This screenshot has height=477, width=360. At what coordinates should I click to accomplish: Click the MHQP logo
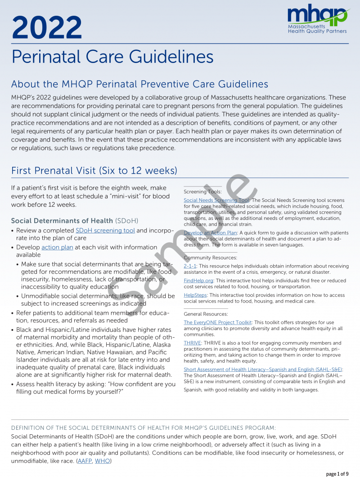318,20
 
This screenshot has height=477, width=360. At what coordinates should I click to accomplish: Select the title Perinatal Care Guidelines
112,57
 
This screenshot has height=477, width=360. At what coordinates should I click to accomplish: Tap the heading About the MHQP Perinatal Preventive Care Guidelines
139,84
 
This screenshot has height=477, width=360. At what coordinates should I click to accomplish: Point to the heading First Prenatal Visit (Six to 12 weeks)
94,171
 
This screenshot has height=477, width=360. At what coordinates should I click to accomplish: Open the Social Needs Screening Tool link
216,200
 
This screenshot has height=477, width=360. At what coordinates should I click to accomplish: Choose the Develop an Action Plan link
210,233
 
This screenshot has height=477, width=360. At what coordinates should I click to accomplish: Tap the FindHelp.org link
195,281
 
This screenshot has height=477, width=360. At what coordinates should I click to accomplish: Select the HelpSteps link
195,295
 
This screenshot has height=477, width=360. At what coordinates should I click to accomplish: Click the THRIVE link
192,343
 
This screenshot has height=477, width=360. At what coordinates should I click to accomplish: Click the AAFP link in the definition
84,461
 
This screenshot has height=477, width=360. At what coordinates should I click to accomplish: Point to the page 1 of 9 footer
337,473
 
